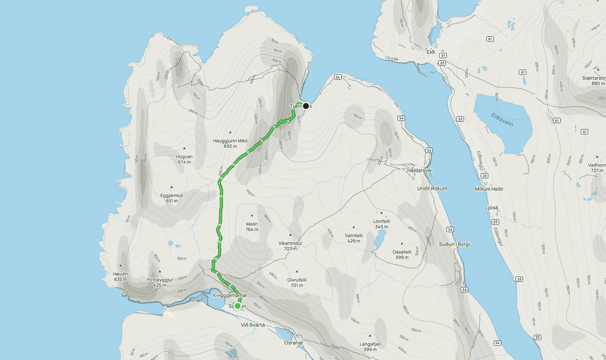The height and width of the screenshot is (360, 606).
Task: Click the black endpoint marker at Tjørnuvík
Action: [x=306, y=106]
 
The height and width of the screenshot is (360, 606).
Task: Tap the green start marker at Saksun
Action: [x=237, y=306]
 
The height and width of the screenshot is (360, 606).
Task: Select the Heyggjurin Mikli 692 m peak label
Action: [x=231, y=143]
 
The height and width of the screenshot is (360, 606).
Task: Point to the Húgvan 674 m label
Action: [x=184, y=159]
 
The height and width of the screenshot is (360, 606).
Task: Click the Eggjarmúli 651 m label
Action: [x=172, y=198]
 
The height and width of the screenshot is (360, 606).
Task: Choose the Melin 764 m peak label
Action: [x=251, y=227]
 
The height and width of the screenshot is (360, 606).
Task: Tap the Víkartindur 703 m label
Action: [x=290, y=246]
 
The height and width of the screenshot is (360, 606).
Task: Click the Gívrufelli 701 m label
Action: [x=297, y=282]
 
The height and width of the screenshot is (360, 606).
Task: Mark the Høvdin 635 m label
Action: [x=120, y=276]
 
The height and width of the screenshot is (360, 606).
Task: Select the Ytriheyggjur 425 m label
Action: [x=160, y=282]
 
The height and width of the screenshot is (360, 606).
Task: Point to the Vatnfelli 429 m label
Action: [x=354, y=238]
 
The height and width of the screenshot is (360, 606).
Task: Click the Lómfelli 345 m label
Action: [x=381, y=224]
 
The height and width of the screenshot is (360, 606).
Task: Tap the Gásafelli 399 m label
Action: [x=402, y=254]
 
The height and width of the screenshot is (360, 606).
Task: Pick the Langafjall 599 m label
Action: [x=370, y=347]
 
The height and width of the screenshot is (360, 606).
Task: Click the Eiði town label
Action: [x=431, y=52]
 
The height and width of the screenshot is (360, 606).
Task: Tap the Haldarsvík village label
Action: [x=419, y=170]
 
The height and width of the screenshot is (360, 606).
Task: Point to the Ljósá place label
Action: [x=493, y=208]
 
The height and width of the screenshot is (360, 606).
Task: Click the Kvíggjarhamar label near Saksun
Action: [x=230, y=295]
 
